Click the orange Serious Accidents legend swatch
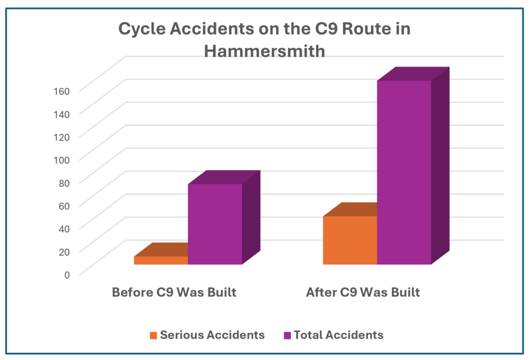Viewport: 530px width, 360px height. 153,335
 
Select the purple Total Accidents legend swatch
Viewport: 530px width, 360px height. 287,335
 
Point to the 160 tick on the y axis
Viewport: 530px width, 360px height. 62,91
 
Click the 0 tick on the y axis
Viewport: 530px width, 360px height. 67,275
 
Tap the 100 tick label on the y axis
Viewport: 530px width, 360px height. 62,160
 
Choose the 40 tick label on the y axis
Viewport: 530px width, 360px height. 64,229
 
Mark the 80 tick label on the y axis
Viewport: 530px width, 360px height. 64,183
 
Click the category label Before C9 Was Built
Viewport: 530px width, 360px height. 174,292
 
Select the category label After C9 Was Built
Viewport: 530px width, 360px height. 363,292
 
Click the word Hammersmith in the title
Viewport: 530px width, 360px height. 264,51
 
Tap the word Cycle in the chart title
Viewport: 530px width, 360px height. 142,28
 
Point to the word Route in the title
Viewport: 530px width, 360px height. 367,28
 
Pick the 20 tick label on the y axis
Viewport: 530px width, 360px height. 64,252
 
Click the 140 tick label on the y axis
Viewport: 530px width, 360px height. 62,114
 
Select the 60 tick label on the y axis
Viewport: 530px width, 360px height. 64,206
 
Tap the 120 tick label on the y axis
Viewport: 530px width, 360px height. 62,137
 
